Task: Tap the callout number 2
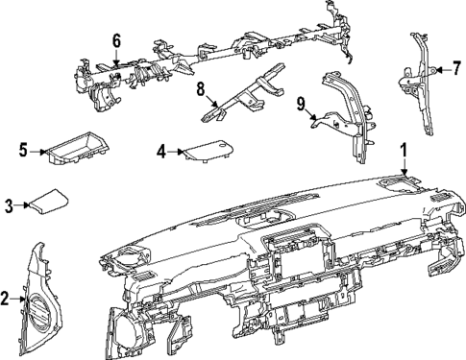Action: click(7, 299)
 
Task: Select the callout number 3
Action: click(9, 204)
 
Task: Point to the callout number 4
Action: click(162, 151)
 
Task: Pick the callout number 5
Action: click(22, 151)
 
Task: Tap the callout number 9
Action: click(301, 102)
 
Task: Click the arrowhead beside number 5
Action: click(43, 151)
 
